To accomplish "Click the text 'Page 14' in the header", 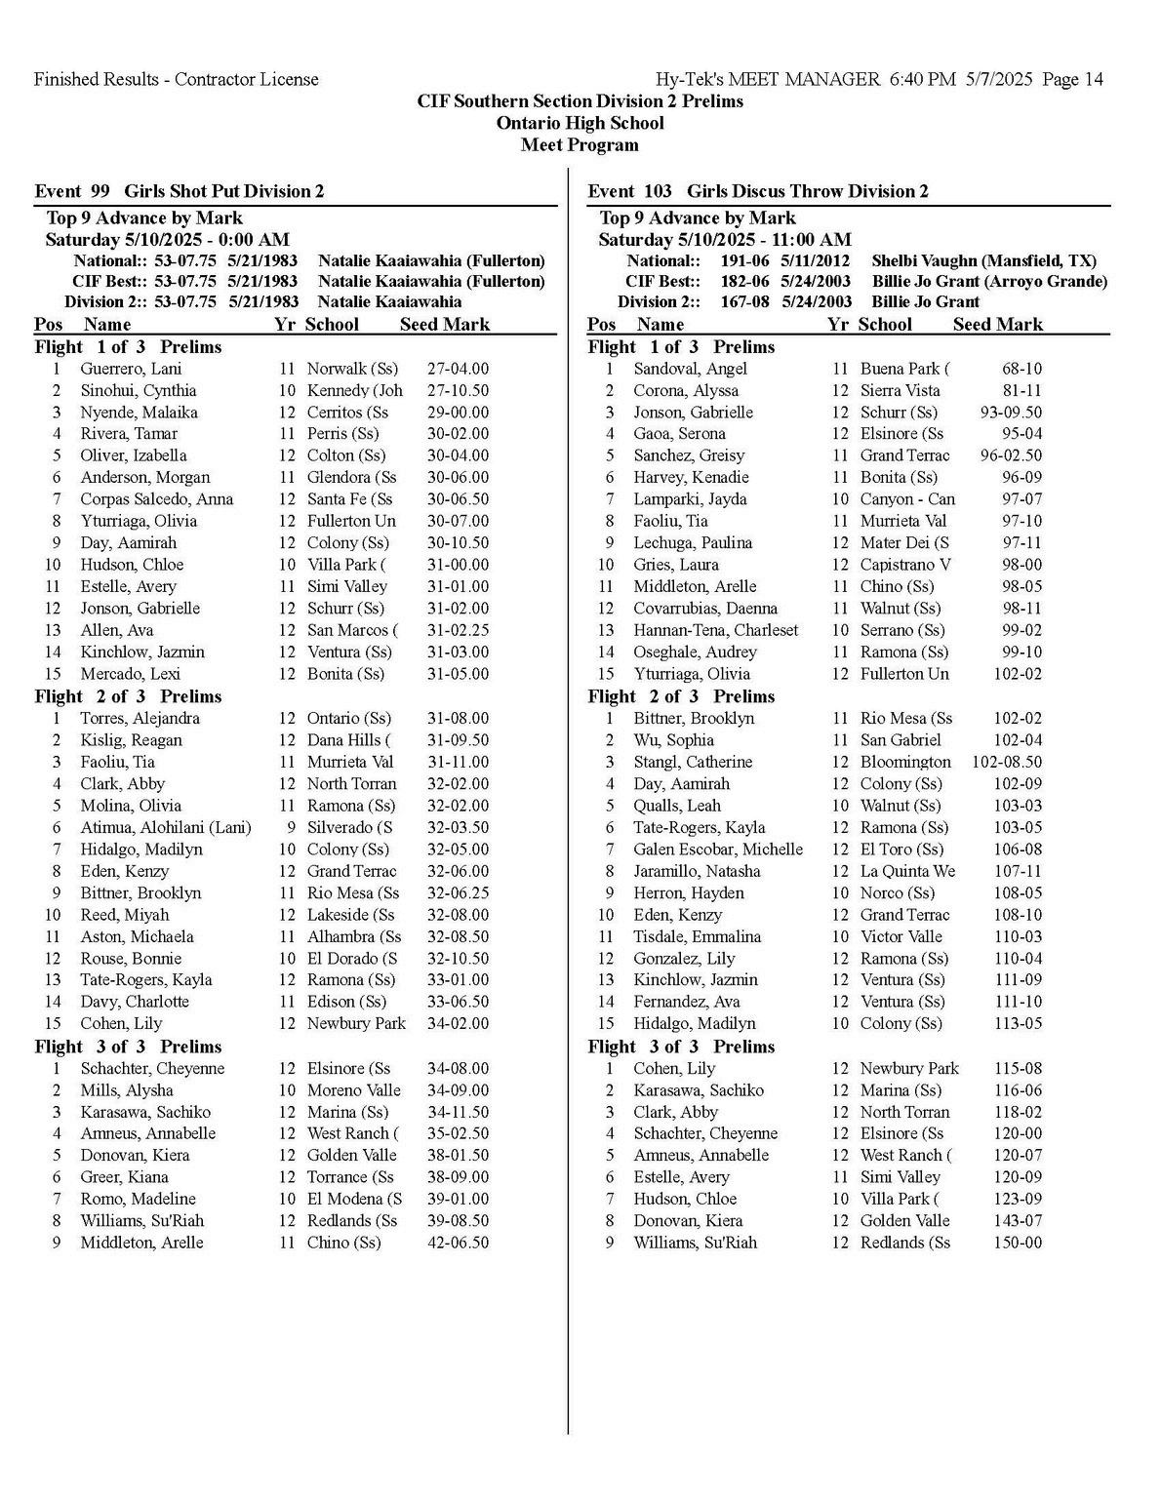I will (1072, 80).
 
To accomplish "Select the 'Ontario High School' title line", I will (580, 123).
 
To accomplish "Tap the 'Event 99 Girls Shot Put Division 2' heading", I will (180, 191).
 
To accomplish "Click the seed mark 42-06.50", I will (458, 1243).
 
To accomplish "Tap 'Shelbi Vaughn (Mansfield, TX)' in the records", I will (983, 260).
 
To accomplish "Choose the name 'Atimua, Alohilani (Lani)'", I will (166, 827).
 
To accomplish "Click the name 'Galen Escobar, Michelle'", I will (718, 850).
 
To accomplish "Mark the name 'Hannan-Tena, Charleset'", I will (715, 630).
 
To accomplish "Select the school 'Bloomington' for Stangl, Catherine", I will (904, 762).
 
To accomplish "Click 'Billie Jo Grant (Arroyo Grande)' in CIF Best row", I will (989, 281).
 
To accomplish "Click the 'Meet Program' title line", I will (580, 145).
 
